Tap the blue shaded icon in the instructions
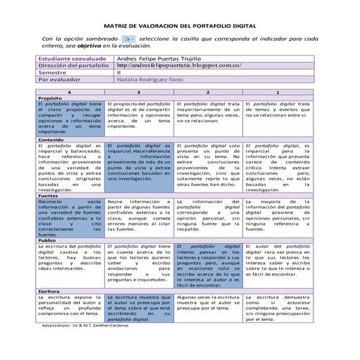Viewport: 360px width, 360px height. [x=128, y=37]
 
